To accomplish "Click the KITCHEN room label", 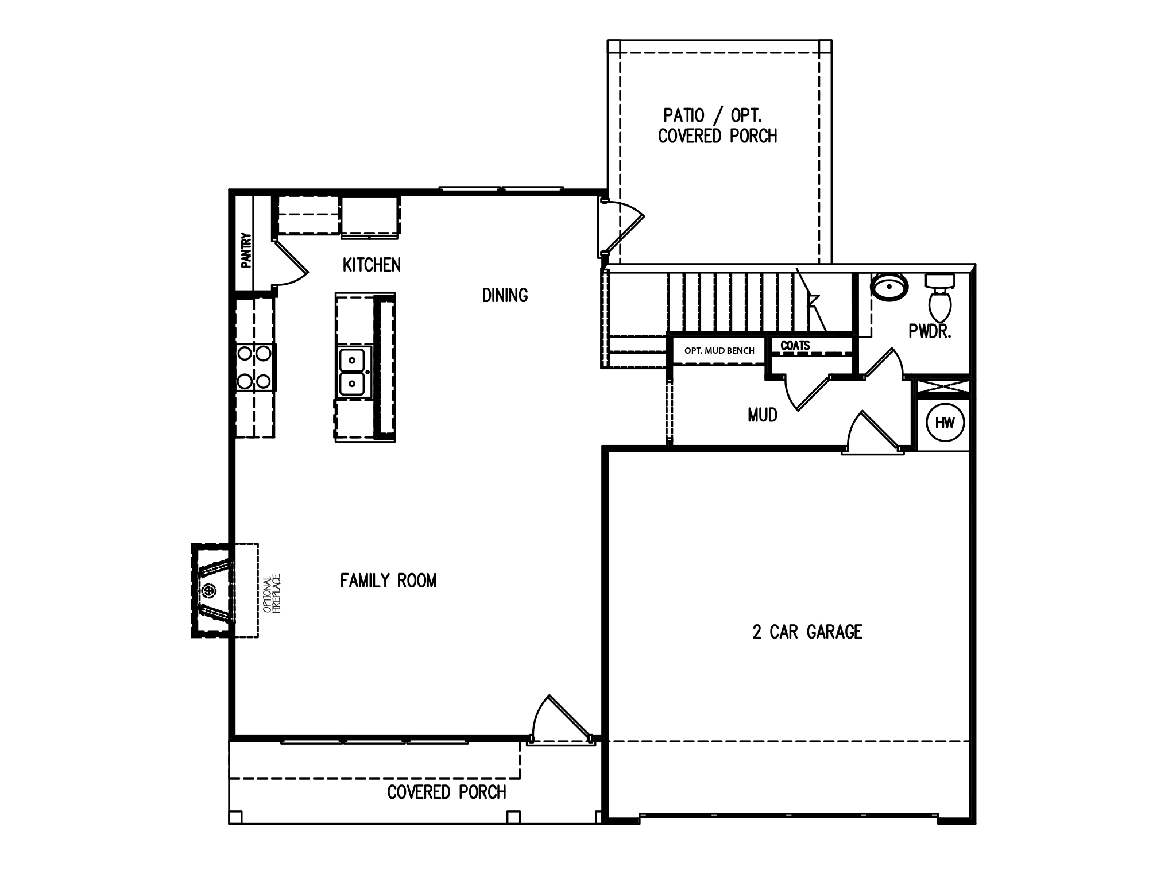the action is tap(372, 265).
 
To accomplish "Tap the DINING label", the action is tap(505, 295).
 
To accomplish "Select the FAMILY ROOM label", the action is tap(388, 581).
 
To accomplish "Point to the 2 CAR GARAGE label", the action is tap(807, 632).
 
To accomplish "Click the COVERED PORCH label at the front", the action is tap(447, 792).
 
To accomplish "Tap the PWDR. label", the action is tap(930, 331).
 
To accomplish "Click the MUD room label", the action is tap(763, 415).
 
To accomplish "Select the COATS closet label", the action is tap(795, 346).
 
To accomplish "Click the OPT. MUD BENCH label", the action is tap(719, 350).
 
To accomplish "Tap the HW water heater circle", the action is tap(945, 423).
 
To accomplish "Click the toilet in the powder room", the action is tap(939, 297).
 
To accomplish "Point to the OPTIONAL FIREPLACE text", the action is tap(271, 594).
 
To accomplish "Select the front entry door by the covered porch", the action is tap(562, 718).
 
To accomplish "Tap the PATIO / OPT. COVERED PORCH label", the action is tap(717, 126).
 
